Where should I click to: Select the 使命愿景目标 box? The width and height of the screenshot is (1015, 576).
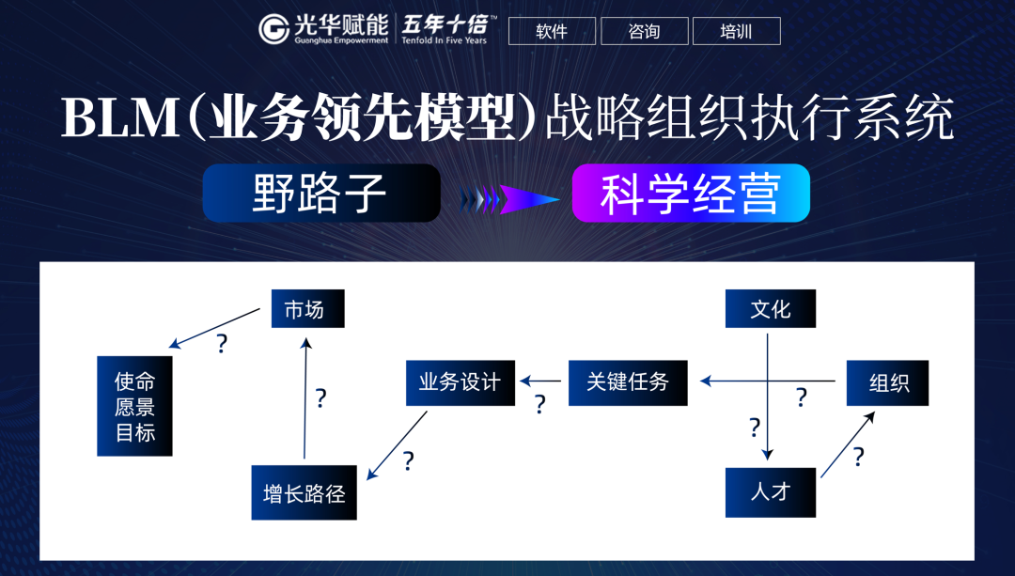click(x=134, y=406)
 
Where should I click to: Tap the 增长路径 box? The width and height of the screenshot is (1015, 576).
click(x=304, y=492)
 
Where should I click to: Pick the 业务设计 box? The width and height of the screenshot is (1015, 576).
click(x=460, y=381)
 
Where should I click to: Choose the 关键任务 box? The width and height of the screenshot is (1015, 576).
click(x=627, y=381)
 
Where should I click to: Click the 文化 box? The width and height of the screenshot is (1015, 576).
click(x=770, y=308)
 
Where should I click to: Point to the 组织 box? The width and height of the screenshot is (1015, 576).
click(x=887, y=382)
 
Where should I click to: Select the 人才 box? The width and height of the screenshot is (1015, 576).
click(x=770, y=491)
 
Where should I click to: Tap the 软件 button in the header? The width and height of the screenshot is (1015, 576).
click(x=552, y=31)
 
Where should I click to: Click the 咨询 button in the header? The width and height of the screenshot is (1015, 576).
click(x=644, y=31)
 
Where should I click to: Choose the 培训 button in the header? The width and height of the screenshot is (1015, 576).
click(x=736, y=31)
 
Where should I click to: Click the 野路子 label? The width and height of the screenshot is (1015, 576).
click(x=321, y=194)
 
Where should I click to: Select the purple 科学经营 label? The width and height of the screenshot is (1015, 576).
click(x=691, y=194)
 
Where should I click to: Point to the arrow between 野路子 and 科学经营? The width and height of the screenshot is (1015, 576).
click(x=507, y=198)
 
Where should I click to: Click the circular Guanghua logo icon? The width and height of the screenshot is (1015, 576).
click(x=274, y=29)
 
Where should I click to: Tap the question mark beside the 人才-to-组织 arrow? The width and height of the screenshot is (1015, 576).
click(x=858, y=457)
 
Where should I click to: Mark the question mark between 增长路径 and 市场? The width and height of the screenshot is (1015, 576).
click(x=320, y=398)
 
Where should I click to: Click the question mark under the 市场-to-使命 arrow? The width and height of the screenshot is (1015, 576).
click(x=222, y=344)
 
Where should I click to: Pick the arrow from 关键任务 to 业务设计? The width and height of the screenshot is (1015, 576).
click(x=541, y=381)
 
